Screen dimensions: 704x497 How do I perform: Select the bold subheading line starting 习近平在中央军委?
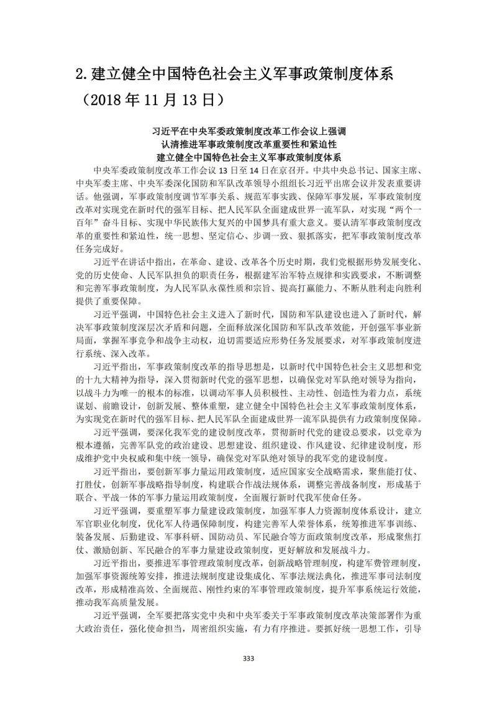click(x=248, y=132)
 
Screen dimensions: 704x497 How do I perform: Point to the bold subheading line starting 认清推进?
click(x=248, y=144)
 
